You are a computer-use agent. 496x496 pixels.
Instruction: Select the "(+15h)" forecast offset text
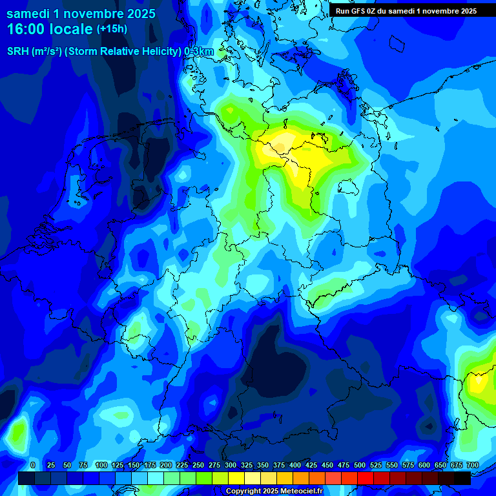[112, 29]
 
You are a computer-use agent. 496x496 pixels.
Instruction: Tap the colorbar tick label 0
[32, 466]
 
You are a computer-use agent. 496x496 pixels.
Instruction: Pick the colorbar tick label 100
[101, 466]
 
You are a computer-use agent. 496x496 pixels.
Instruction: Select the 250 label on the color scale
[198, 466]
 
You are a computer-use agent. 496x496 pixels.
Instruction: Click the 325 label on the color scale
[247, 466]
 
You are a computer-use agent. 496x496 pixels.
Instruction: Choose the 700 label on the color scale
[472, 466]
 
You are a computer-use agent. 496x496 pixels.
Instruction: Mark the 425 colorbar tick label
[311, 466]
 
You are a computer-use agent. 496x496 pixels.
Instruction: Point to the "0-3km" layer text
[198, 52]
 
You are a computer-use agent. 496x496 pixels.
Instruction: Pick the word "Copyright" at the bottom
[243, 491]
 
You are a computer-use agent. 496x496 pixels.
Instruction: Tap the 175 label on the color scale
[150, 466]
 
